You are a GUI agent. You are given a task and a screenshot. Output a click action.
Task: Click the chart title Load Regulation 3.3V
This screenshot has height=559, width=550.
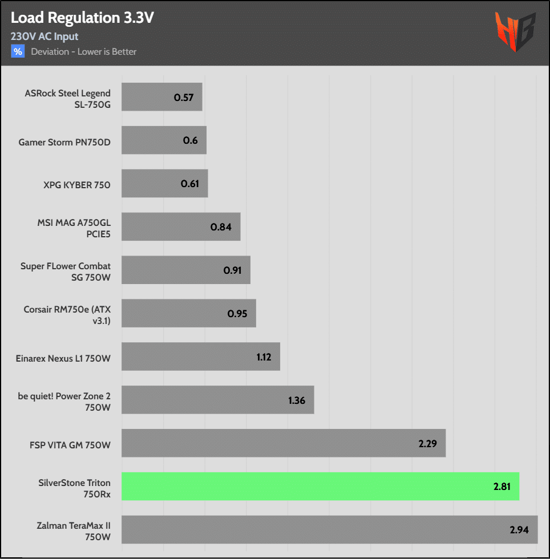82,18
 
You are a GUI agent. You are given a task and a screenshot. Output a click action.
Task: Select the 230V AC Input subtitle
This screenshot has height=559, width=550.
45,37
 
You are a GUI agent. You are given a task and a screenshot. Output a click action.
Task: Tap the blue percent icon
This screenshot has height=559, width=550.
18,52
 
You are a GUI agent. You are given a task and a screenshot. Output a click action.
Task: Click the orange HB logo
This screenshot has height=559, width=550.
515,31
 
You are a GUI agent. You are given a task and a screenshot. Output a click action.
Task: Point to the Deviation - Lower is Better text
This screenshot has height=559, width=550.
84,52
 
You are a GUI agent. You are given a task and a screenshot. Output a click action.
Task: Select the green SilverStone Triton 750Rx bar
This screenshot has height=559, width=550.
320,486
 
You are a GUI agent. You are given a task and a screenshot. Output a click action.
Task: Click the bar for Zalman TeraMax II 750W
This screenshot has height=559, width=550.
329,529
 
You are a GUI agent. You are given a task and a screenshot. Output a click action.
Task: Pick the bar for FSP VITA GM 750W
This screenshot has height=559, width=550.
283,443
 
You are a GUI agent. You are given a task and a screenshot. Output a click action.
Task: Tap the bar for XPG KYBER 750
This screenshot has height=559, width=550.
164,184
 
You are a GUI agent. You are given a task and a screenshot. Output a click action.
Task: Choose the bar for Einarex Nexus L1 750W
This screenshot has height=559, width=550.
200,357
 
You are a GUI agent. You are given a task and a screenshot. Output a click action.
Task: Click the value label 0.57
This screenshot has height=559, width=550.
184,98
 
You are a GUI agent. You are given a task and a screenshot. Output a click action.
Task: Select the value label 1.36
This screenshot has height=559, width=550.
297,400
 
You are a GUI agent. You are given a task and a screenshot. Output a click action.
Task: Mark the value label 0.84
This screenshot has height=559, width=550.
221,227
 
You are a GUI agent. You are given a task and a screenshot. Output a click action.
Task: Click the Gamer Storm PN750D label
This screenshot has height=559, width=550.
64,142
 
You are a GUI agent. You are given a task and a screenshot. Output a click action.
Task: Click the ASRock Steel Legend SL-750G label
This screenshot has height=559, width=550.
68,98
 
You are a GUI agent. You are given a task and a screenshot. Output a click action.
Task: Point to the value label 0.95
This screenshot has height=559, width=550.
237,314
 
